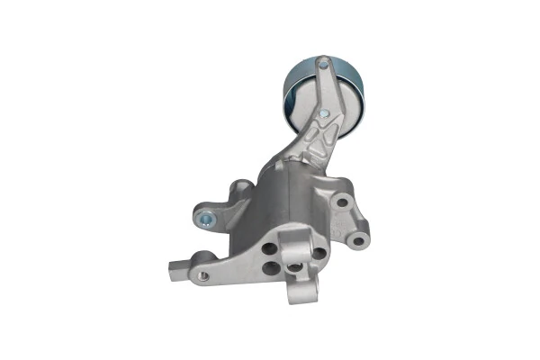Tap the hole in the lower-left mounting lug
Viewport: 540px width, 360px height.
pyautogui.click(x=203, y=274)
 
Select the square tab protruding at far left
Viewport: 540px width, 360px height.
pyautogui.click(x=175, y=267)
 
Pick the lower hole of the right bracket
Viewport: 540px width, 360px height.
pyautogui.click(x=357, y=239)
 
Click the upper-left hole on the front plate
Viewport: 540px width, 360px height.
pyautogui.click(x=269, y=248)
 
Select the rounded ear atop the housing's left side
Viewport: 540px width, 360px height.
pyautogui.click(x=241, y=188)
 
